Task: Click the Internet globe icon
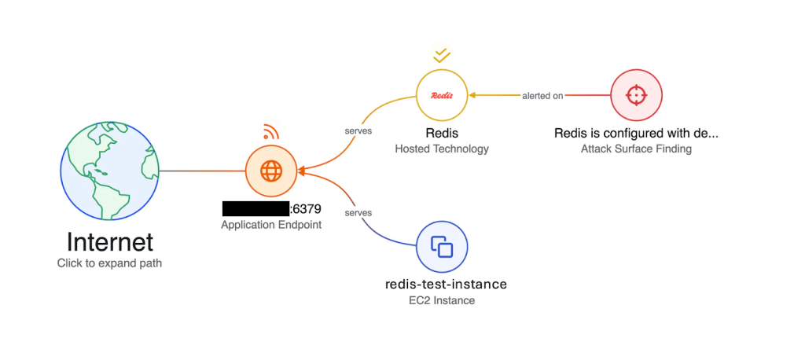(x=109, y=171)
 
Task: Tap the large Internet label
(x=109, y=241)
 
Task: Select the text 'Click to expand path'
(x=109, y=263)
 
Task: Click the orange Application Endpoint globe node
(x=270, y=171)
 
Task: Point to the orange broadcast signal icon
(x=270, y=131)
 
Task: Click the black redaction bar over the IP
(x=255, y=209)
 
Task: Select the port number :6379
(x=306, y=209)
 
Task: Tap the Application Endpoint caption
(x=271, y=225)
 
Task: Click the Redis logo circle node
(x=442, y=95)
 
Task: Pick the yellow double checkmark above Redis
(x=442, y=55)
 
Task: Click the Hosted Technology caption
(x=442, y=149)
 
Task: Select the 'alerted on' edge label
(x=542, y=96)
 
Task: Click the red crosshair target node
(x=637, y=95)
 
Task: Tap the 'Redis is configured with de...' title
(x=637, y=133)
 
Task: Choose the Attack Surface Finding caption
(x=637, y=149)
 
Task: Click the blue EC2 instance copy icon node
(x=442, y=247)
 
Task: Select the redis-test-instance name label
(x=446, y=284)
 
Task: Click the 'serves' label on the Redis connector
(x=358, y=130)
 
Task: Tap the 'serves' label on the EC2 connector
(x=358, y=213)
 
